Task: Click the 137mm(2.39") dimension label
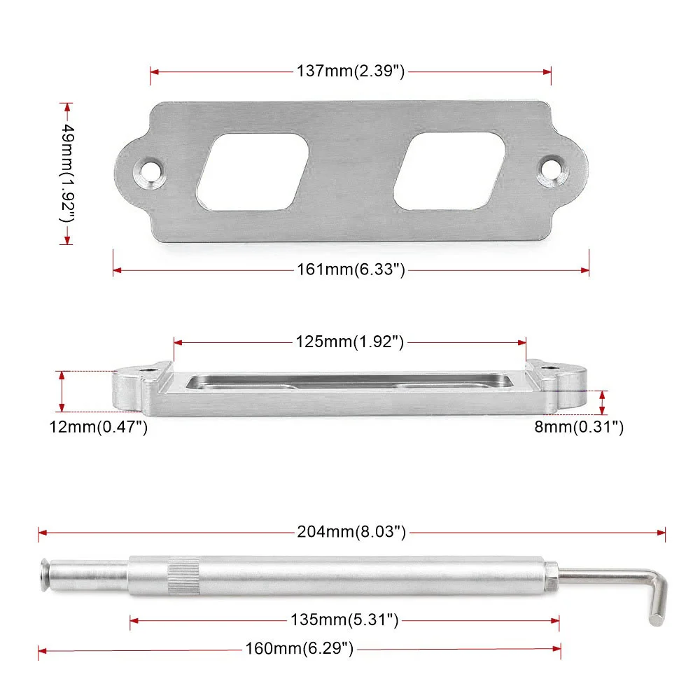pyautogui.click(x=351, y=71)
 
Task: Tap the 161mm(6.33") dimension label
pyautogui.click(x=351, y=269)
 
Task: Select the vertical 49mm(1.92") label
pyautogui.click(x=67, y=173)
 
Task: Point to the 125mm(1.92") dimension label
pyautogui.click(x=349, y=342)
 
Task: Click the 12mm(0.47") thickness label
pyautogui.click(x=98, y=427)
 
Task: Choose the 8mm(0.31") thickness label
pyautogui.click(x=579, y=427)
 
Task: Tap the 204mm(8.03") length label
pyautogui.click(x=351, y=532)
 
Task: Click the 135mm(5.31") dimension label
pyautogui.click(x=344, y=619)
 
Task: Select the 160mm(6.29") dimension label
pyautogui.click(x=299, y=648)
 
